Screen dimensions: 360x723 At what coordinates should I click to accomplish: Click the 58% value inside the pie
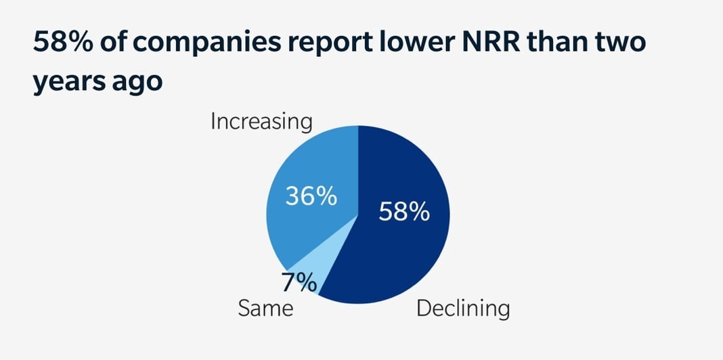pyautogui.click(x=403, y=212)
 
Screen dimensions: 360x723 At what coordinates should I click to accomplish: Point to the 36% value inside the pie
pyautogui.click(x=311, y=197)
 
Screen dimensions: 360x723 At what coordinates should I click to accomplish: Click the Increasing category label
pyautogui.click(x=261, y=122)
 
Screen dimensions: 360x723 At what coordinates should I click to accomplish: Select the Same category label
pyautogui.click(x=265, y=309)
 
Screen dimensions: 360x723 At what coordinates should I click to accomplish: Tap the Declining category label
pyautogui.click(x=462, y=309)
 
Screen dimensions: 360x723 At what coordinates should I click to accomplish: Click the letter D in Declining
pyautogui.click(x=424, y=309)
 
